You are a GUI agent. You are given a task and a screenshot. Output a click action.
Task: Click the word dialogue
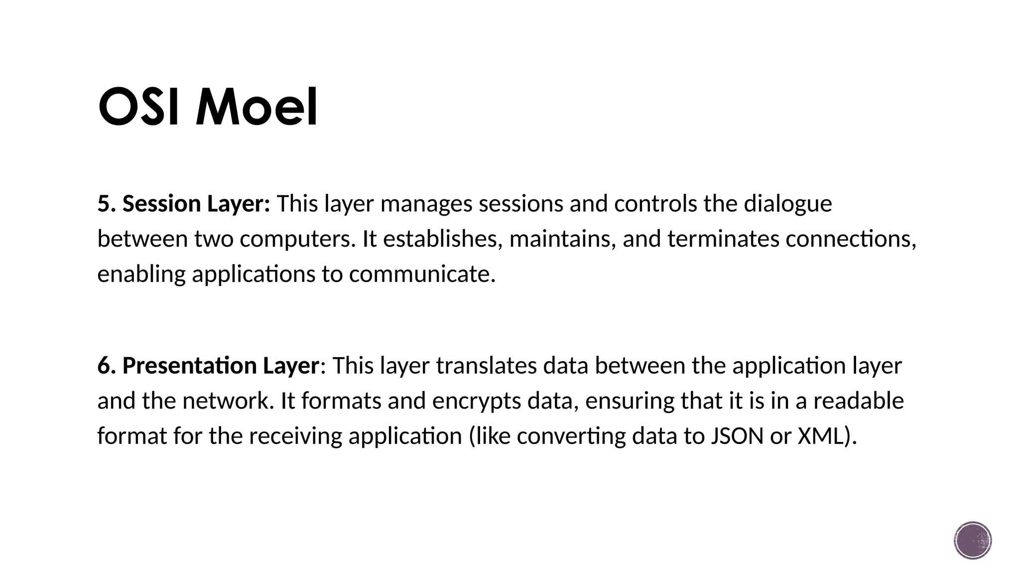787,204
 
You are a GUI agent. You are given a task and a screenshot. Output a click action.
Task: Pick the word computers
297,239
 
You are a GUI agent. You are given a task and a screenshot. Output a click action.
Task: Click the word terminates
723,239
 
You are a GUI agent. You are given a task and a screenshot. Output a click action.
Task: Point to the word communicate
422,275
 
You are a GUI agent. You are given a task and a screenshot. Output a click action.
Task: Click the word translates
486,366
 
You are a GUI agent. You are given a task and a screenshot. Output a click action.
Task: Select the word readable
858,401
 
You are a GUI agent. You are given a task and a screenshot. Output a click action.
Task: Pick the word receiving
295,436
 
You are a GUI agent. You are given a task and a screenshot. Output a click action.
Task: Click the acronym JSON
737,436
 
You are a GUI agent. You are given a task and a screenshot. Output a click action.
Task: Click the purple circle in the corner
973,541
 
